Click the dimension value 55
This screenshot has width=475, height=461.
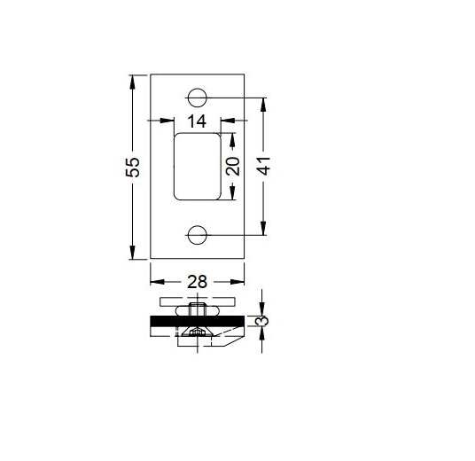coord(133,167)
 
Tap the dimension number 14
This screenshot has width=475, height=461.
coord(197,121)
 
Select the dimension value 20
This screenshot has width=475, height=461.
coord(233,167)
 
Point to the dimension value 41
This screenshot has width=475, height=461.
coord(263,166)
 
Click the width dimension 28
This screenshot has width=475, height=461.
coord(198,282)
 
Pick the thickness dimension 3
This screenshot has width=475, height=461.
coord(262,321)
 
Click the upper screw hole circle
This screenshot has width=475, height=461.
coord(198,98)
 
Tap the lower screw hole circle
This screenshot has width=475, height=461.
coord(198,235)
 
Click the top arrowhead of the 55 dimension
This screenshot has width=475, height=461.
coord(132,82)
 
